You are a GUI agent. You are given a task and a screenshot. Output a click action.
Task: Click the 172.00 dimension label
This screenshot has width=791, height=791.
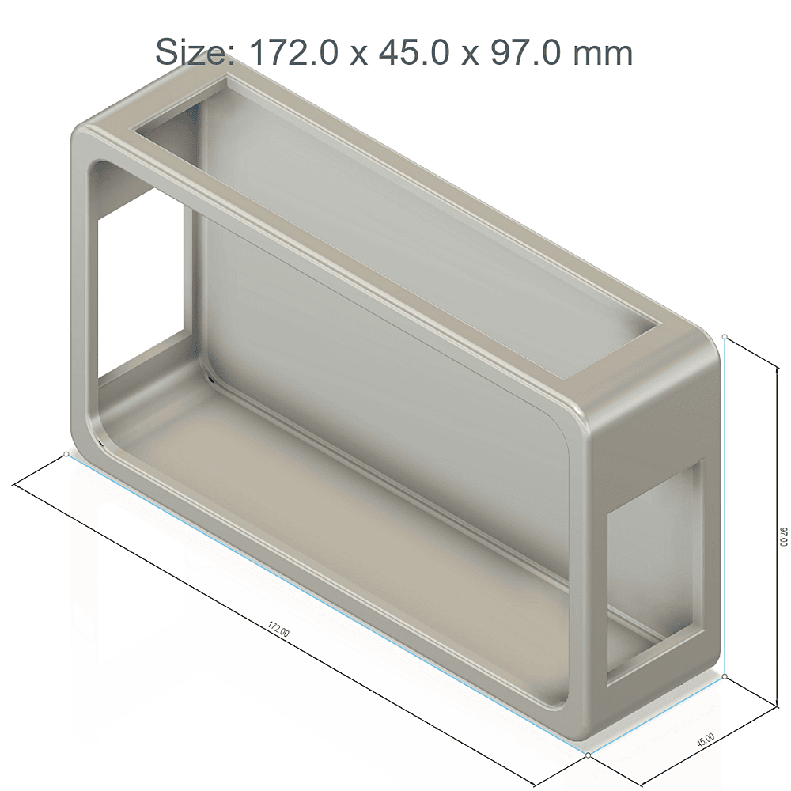(278, 630)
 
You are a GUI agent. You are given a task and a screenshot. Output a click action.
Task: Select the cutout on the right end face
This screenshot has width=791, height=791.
(655, 570)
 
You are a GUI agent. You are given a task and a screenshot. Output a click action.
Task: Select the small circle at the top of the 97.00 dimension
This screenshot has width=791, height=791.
(725, 336)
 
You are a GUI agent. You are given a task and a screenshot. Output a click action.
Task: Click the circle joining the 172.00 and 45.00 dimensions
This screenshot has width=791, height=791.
(589, 755)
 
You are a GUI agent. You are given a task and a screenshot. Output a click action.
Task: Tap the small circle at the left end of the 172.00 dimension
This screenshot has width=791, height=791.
(65, 454)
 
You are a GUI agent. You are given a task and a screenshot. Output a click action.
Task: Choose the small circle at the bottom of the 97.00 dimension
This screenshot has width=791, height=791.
(725, 677)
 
